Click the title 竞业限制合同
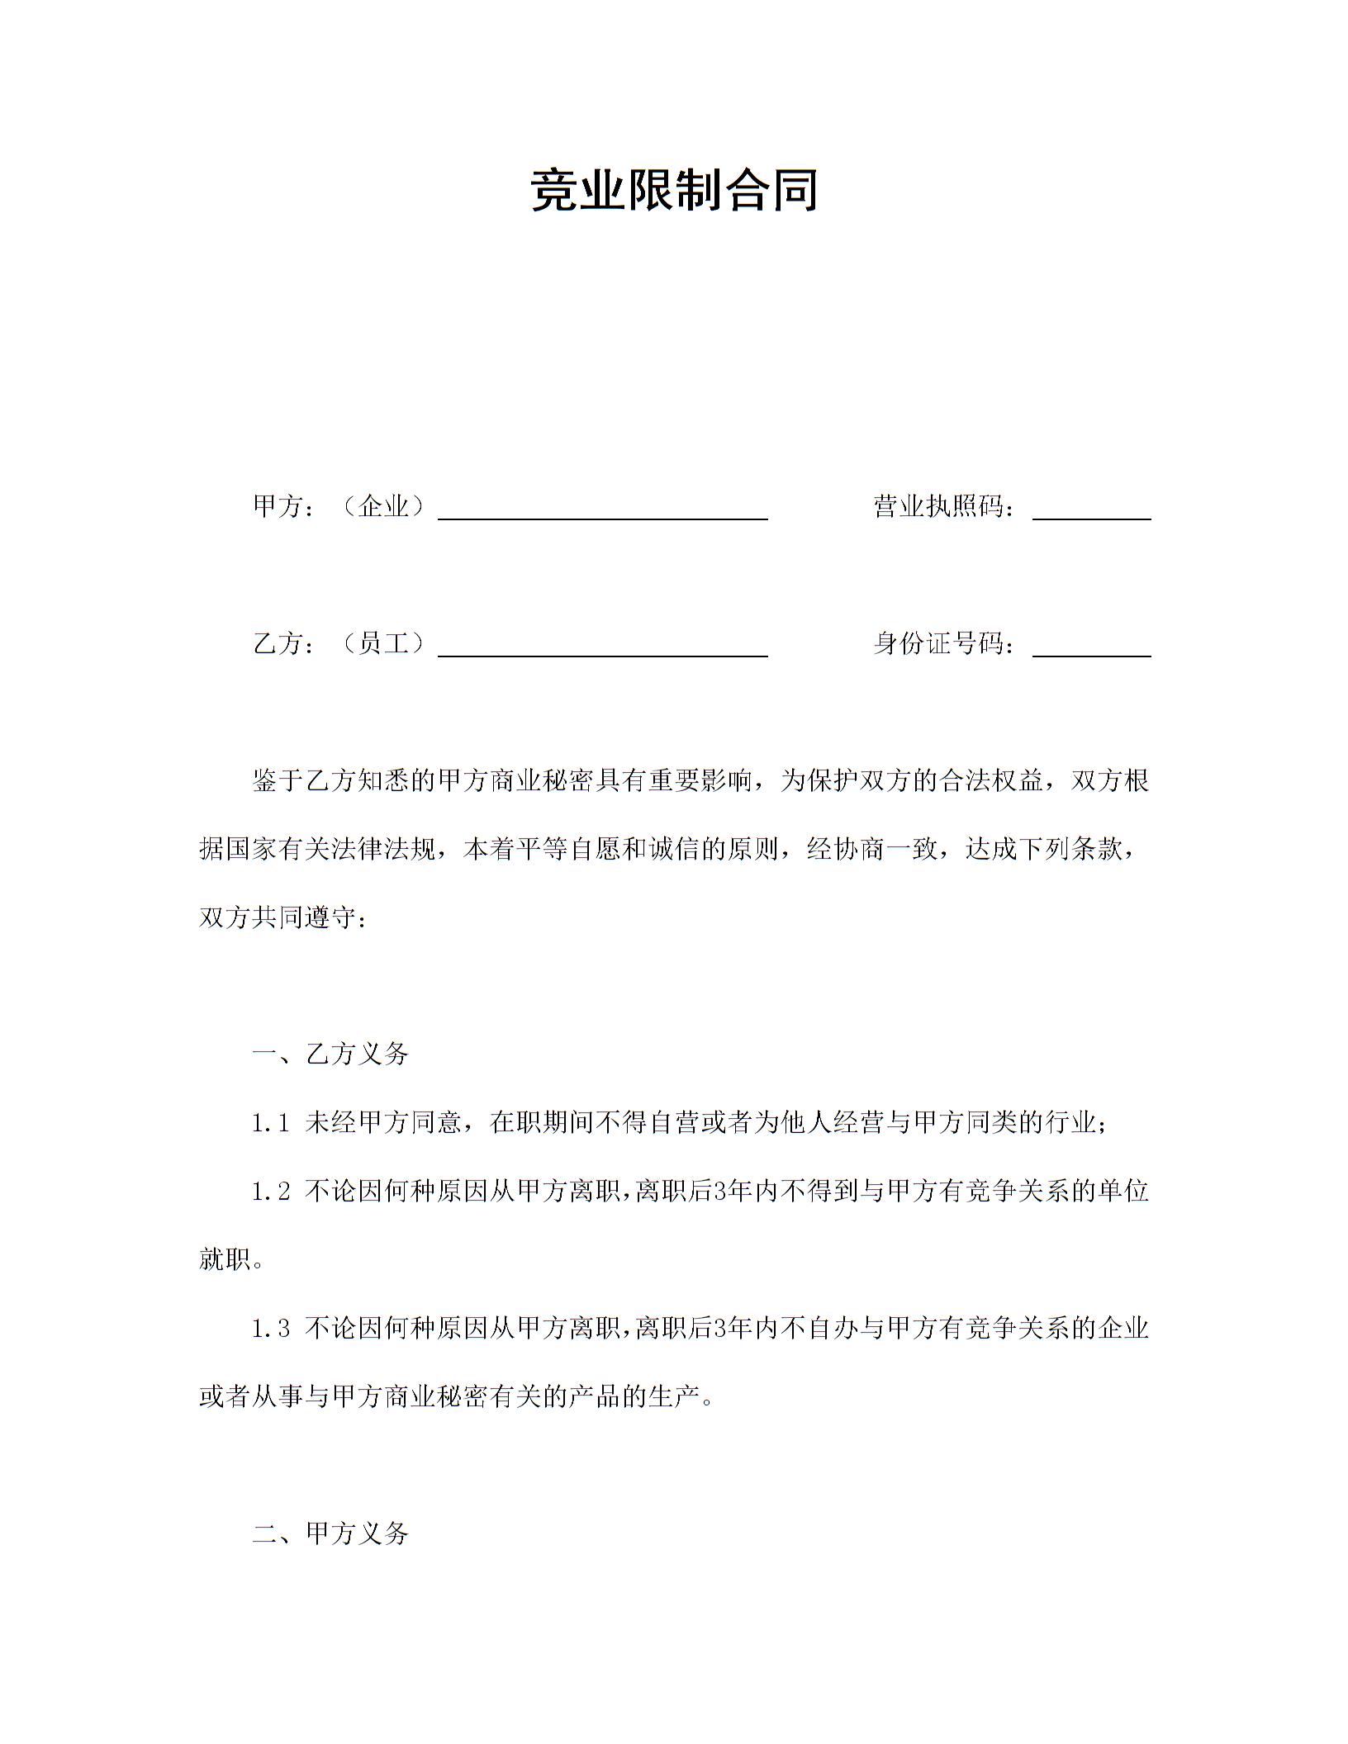click(674, 190)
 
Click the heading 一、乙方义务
click(330, 1054)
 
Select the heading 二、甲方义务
click(330, 1533)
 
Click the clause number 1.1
click(271, 1123)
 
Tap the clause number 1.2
click(271, 1192)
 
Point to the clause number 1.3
click(271, 1329)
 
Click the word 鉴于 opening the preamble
click(278, 780)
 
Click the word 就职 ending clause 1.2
click(225, 1260)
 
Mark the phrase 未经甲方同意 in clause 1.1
click(383, 1123)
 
